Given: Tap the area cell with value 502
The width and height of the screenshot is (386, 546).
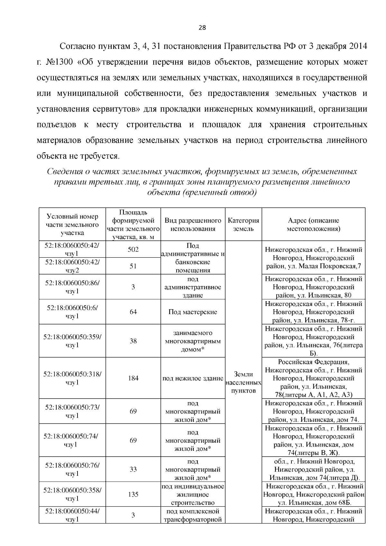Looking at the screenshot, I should (x=133, y=249).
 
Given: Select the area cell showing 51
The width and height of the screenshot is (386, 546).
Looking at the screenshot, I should (x=133, y=266).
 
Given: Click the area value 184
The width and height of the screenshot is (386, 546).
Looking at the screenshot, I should (x=133, y=378).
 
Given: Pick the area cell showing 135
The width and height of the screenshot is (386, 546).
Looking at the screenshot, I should (x=133, y=494).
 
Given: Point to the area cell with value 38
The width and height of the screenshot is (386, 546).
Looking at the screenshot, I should (x=133, y=341).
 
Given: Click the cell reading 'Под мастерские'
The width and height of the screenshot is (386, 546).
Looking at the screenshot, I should (x=193, y=312).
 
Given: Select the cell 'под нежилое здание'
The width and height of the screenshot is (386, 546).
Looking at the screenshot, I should (x=193, y=378).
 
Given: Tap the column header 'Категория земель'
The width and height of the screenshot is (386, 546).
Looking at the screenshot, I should (x=244, y=225).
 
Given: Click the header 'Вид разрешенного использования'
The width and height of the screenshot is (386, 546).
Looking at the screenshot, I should (x=193, y=225).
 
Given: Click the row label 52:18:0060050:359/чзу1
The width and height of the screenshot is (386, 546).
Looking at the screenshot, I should (x=72, y=341).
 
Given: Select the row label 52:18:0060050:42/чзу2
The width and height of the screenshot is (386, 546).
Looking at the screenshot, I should (x=72, y=266).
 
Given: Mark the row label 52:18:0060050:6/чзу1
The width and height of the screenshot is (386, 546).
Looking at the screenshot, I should (x=72, y=312).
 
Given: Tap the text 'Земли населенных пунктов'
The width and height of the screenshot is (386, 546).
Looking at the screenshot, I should (x=244, y=383).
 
